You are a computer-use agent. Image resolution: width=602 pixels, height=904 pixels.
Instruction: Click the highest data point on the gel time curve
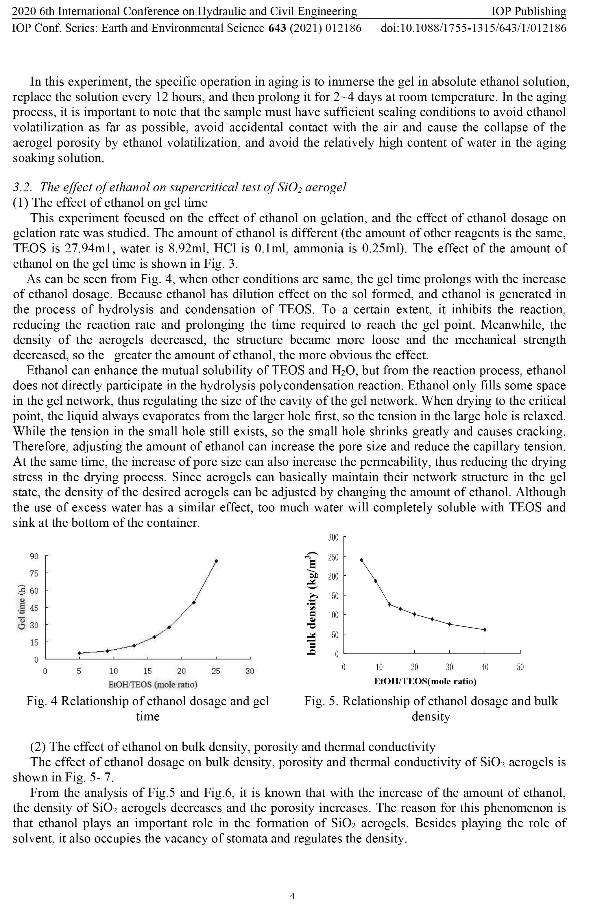(216, 561)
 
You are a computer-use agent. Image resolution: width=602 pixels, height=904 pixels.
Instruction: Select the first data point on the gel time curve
(79, 653)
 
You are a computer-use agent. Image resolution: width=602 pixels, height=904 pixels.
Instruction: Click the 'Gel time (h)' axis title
(22, 607)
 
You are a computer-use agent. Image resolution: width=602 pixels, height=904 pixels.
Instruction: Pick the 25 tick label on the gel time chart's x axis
(216, 671)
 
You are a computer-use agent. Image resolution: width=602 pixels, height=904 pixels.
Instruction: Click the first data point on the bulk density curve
(361, 560)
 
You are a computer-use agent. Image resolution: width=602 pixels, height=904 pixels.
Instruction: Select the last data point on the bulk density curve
(485, 630)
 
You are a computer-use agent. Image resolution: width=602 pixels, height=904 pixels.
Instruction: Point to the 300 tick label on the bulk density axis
(333, 537)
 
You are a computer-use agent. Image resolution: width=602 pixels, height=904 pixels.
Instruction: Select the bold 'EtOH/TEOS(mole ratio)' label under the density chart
(425, 681)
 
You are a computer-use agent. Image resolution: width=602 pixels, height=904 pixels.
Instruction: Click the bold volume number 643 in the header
(277, 28)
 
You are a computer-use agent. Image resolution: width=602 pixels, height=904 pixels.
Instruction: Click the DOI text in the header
(473, 28)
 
